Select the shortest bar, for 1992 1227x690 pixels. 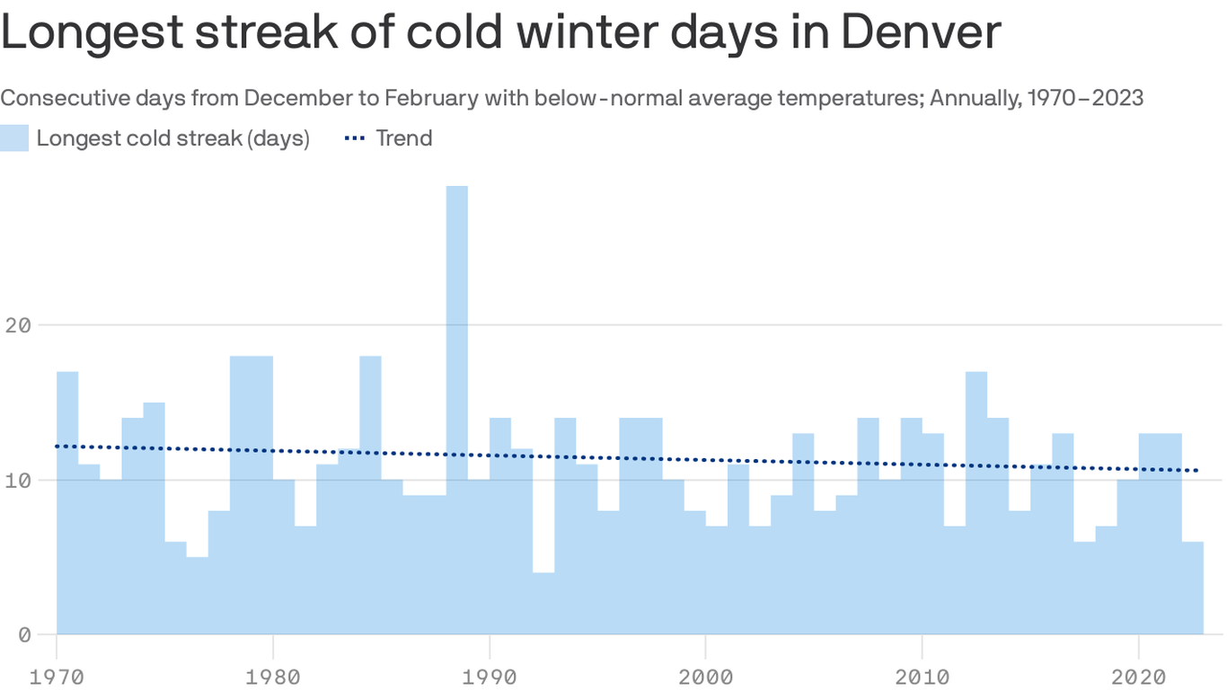click(543, 603)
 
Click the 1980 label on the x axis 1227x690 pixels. click(273, 675)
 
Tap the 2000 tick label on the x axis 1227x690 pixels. click(706, 675)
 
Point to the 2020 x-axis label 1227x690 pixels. click(1139, 675)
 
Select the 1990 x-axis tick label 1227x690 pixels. click(490, 675)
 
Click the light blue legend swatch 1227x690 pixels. click(14, 138)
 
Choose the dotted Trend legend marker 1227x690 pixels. click(356, 138)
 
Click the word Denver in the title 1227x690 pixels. click(921, 32)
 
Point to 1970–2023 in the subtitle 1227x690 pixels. click(1082, 98)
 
